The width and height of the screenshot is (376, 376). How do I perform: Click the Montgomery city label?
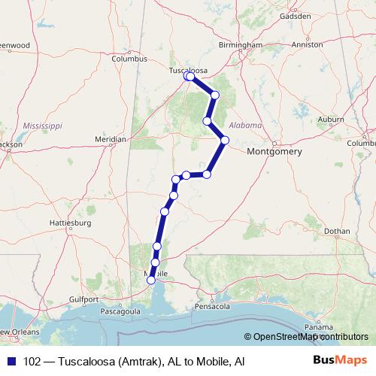coord(274,152)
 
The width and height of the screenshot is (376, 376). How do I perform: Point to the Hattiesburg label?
coord(70,223)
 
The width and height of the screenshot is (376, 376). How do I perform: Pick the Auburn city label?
coord(331,119)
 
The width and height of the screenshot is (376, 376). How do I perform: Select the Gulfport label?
coord(68,299)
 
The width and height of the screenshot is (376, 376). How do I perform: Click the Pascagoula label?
coord(120,310)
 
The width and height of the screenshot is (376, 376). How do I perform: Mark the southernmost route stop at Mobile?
coord(151,280)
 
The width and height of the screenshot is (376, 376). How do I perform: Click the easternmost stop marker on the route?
coord(224,139)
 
